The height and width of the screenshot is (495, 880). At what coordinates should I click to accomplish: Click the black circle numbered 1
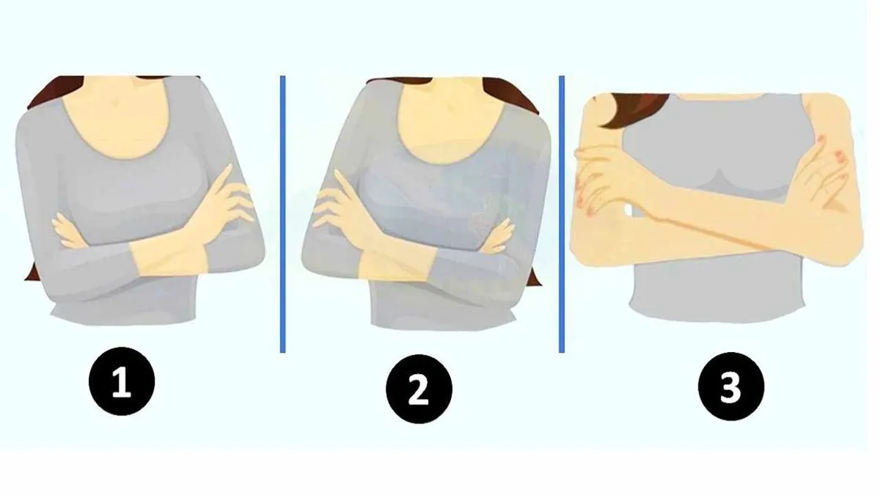tap(122, 381)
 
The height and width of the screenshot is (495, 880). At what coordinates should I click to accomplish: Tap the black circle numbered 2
tap(419, 389)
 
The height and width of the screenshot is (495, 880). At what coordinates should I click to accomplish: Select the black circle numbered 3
tap(731, 386)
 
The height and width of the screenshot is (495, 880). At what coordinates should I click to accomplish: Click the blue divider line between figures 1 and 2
tap(283, 214)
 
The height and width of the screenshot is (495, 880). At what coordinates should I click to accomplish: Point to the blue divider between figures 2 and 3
tap(562, 214)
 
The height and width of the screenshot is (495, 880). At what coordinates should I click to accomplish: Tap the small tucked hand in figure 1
tap(67, 232)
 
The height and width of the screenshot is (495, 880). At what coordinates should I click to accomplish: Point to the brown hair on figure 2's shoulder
tap(510, 95)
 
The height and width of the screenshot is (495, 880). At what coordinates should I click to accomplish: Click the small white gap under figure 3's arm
tap(628, 211)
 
